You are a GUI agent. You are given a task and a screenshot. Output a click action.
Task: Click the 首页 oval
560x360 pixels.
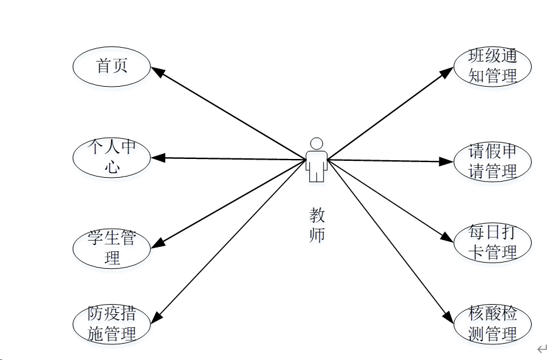pyautogui.click(x=112, y=66)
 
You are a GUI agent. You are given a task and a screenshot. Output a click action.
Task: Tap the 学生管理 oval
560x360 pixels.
pyautogui.click(x=112, y=248)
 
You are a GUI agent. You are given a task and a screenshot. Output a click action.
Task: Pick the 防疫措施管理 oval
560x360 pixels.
pyautogui.click(x=112, y=324)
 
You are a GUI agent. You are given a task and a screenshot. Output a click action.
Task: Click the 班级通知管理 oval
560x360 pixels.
pyautogui.click(x=493, y=66)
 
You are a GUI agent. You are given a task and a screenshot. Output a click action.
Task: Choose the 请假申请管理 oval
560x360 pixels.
pyautogui.click(x=493, y=161)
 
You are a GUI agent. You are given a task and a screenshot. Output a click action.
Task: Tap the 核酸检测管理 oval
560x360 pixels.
pyautogui.click(x=493, y=324)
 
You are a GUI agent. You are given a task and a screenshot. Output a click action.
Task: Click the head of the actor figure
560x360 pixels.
pyautogui.click(x=317, y=143)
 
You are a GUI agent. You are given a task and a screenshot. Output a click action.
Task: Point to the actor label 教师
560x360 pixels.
pyautogui.click(x=317, y=225)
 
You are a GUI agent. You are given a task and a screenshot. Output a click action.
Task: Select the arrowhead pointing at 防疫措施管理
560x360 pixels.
pyautogui.click(x=158, y=319)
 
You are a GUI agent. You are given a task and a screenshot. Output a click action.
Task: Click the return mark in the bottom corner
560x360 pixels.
pyautogui.click(x=542, y=348)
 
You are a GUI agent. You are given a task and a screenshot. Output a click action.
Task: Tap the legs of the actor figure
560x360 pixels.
pyautogui.click(x=317, y=174)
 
